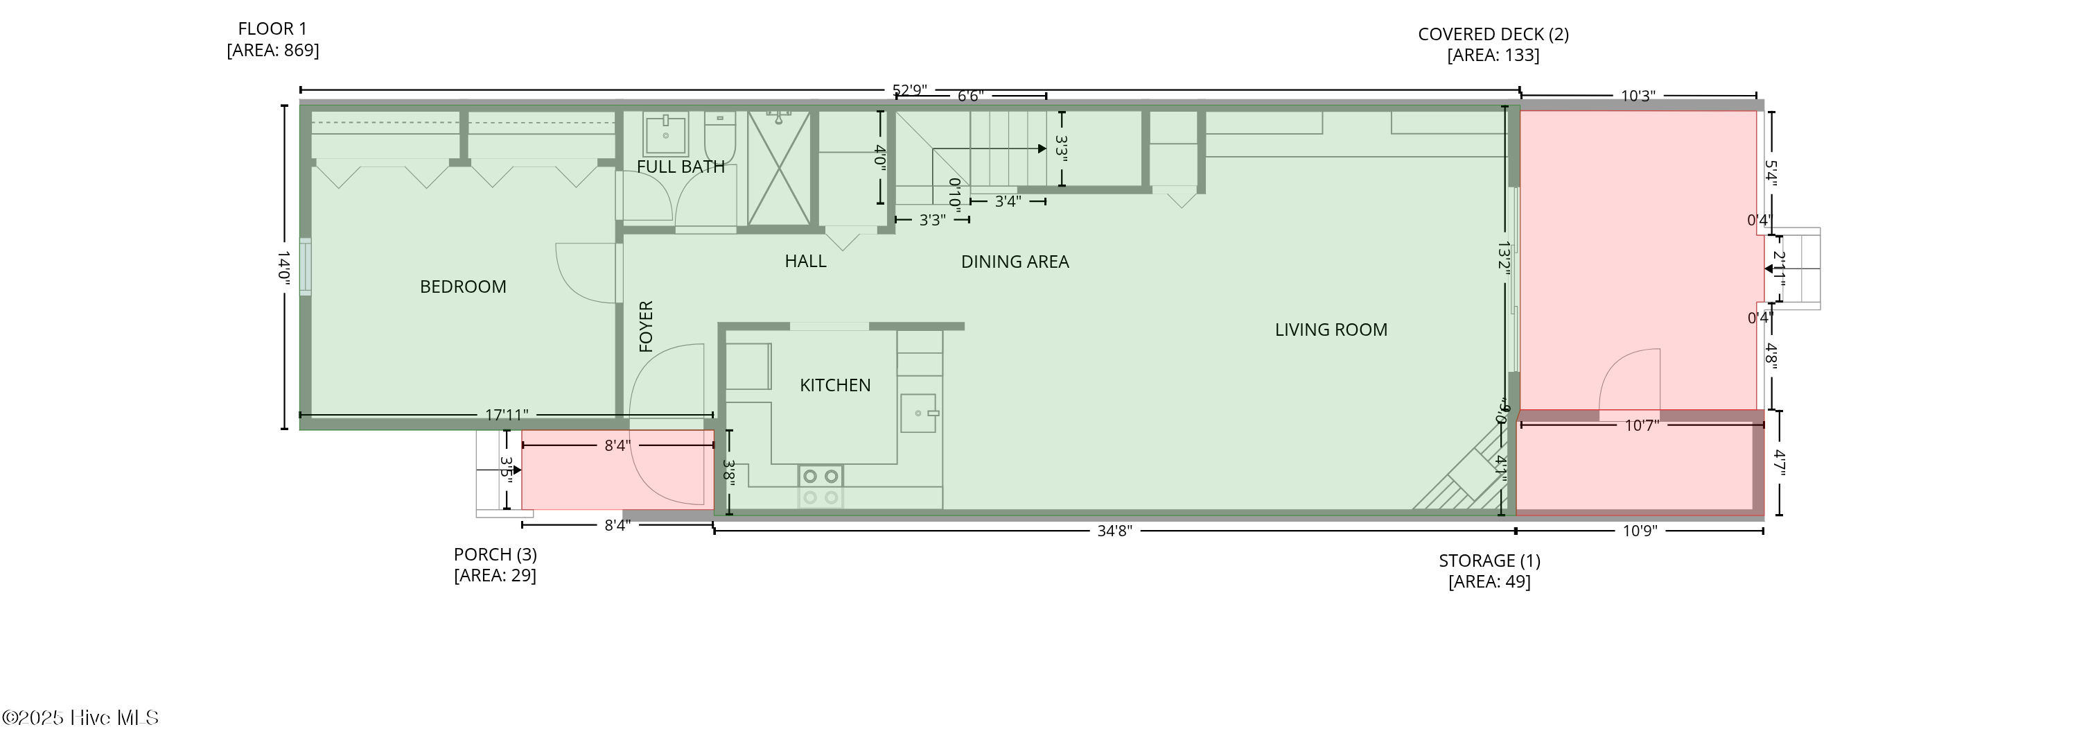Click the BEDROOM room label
coord(462,287)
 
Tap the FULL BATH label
coord(681,166)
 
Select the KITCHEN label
coord(834,385)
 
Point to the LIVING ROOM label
coord(1330,330)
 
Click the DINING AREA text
coord(1014,262)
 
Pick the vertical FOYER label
coord(646,326)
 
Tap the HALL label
coord(805,261)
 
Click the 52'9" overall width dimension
coord(909,89)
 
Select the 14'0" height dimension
coord(283,266)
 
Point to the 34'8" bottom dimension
coord(1114,531)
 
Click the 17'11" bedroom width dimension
coord(506,415)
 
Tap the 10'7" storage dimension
coord(1641,425)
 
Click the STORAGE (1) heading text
coord(1489,561)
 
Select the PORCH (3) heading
coord(495,554)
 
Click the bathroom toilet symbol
coord(719,137)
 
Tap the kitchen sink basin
coord(918,413)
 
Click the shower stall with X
coord(778,169)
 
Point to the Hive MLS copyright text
coord(80,717)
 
